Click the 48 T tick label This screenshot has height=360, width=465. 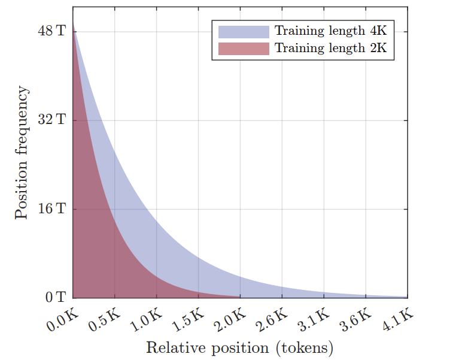click(52, 32)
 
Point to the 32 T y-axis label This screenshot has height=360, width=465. click(52, 120)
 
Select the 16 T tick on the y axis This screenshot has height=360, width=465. click(52, 209)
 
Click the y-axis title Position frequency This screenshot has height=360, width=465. click(22, 153)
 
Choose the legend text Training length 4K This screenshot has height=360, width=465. click(331, 32)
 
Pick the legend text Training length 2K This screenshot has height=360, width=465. click(331, 49)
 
